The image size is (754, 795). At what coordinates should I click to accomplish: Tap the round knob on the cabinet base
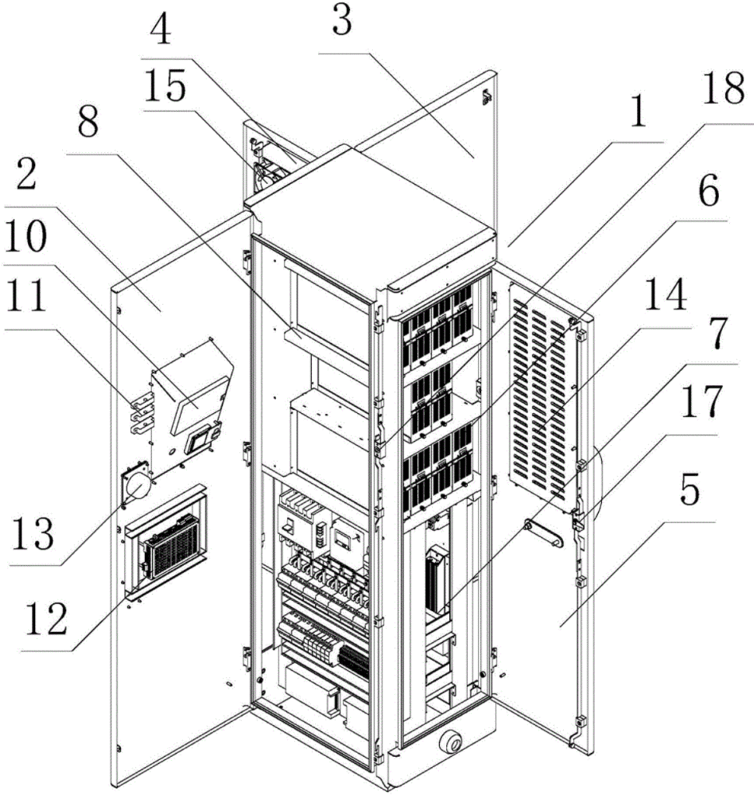[x=450, y=740]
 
